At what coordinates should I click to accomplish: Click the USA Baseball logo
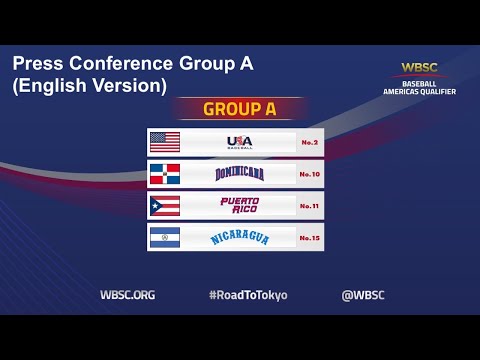click(x=240, y=141)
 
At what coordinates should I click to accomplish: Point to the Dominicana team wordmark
click(x=240, y=174)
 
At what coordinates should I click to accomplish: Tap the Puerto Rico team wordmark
click(x=240, y=206)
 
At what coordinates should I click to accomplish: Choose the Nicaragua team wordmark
click(x=240, y=238)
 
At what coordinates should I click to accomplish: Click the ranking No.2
click(x=309, y=142)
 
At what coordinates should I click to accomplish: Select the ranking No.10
click(x=309, y=174)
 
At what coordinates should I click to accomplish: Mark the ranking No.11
click(x=309, y=206)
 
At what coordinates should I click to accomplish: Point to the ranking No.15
click(x=309, y=238)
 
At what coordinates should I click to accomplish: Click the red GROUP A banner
click(x=240, y=109)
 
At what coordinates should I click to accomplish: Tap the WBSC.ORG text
click(x=127, y=295)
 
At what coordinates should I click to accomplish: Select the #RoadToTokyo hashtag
click(x=240, y=295)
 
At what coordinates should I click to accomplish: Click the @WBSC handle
click(x=363, y=295)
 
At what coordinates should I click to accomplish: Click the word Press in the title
click(x=39, y=64)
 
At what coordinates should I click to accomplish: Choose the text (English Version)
click(x=89, y=86)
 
